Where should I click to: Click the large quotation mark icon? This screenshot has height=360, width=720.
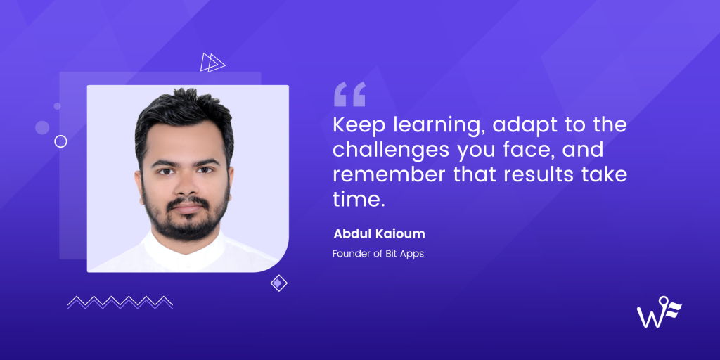point(349,94)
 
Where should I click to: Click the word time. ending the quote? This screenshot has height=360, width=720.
point(359,198)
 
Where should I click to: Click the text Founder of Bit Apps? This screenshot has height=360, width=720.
point(378,253)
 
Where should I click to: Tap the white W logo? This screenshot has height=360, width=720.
point(658,313)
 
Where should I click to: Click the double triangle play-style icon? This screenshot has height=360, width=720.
point(212,63)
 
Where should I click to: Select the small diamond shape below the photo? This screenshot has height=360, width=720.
point(279,283)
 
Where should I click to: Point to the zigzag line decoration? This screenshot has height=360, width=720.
point(120,302)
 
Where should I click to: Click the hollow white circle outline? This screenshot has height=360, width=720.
point(61,141)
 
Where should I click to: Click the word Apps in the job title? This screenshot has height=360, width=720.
point(412,253)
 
